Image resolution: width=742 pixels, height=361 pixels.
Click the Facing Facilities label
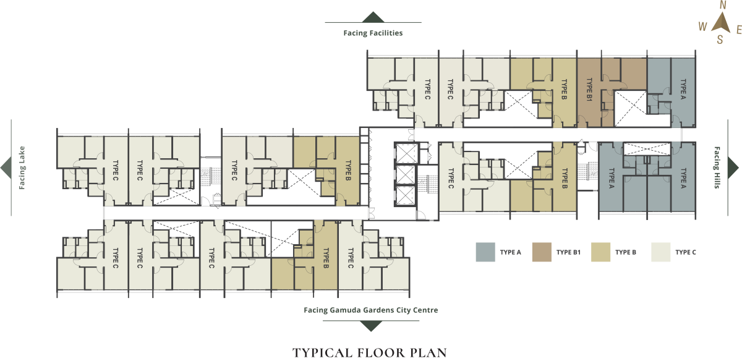pyautogui.click(x=373, y=33)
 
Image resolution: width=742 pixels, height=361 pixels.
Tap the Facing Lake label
pyautogui.click(x=22, y=168)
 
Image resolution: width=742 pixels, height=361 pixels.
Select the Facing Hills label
pyautogui.click(x=717, y=168)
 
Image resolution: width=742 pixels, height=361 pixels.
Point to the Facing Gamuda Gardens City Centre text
pyautogui.click(x=370, y=310)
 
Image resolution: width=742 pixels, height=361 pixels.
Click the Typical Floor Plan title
pyautogui.click(x=370, y=353)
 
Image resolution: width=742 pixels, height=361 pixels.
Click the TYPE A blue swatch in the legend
pyautogui.click(x=485, y=252)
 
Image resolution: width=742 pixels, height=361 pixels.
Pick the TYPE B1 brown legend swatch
pyautogui.click(x=542, y=252)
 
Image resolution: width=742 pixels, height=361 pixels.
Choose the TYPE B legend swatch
pyautogui.click(x=601, y=252)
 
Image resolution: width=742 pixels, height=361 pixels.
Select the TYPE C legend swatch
pyautogui.click(x=661, y=252)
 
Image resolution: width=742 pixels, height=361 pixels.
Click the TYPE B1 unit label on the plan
pyautogui.click(x=589, y=90)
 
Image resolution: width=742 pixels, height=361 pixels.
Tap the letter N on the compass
pyautogui.click(x=723, y=5)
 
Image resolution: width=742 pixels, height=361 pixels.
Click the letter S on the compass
pyautogui.click(x=720, y=40)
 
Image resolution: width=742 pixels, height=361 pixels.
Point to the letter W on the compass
pyautogui.click(x=702, y=27)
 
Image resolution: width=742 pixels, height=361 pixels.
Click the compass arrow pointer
pyautogui.click(x=722, y=23)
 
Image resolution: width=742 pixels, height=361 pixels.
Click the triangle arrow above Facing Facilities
pyautogui.click(x=373, y=17)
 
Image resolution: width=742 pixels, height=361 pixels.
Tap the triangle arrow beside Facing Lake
pyautogui.click(x=6, y=168)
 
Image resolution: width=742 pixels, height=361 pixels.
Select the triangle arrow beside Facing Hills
pyautogui.click(x=733, y=168)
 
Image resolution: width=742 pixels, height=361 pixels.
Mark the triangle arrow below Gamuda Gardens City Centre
pyautogui.click(x=371, y=326)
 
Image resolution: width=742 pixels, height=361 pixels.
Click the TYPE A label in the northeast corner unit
pyautogui.click(x=683, y=89)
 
